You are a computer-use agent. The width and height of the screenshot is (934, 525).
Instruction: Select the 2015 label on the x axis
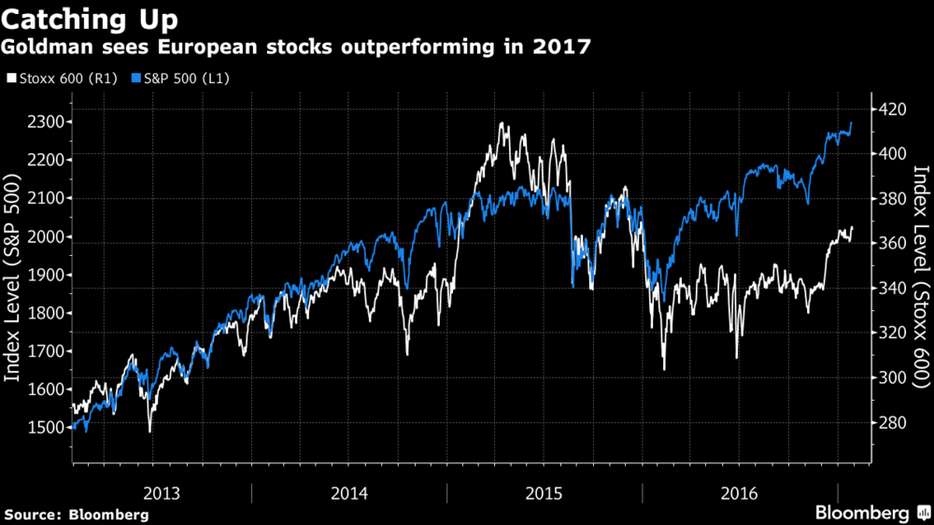[544, 492]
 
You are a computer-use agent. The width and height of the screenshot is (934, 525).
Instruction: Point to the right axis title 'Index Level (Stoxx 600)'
[921, 277]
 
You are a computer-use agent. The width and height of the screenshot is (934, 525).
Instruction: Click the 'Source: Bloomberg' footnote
[76, 515]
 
